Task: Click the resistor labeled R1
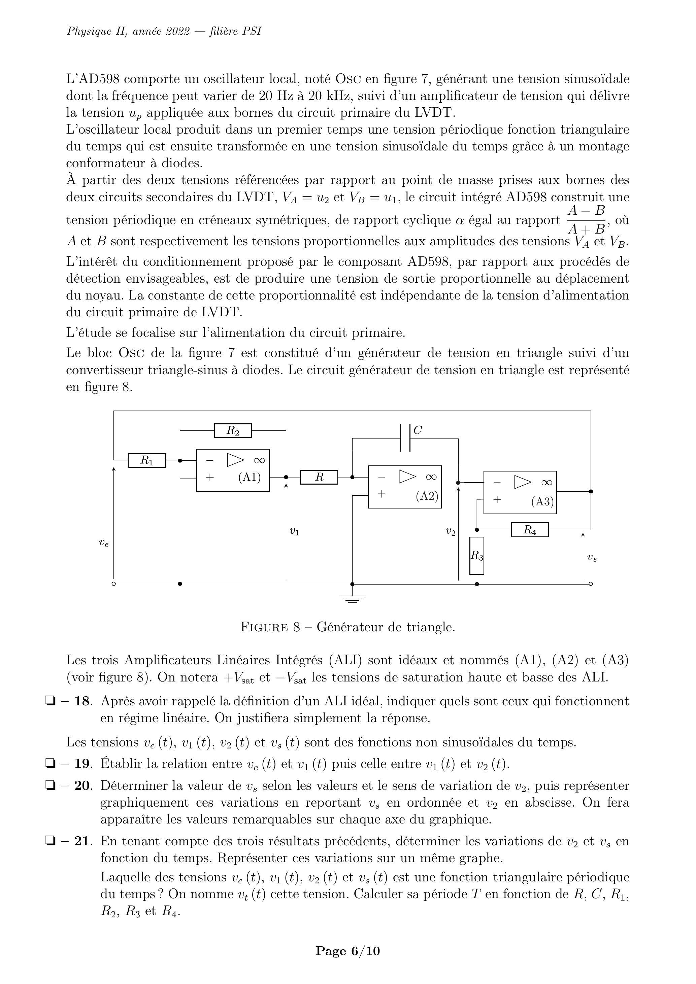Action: pos(147,461)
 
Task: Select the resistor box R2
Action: pos(233,430)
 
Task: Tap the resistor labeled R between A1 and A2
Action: pos(319,477)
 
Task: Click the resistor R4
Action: pos(530,530)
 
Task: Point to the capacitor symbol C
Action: pos(406,437)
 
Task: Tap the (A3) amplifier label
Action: pos(542,501)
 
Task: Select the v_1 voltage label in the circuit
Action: pos(294,531)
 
